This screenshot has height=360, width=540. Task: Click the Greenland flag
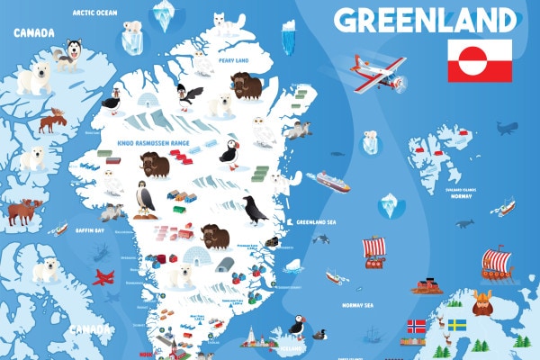480,60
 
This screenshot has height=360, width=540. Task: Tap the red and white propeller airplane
379,72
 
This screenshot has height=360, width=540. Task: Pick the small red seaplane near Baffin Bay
104,276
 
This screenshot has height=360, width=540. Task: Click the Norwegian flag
416,325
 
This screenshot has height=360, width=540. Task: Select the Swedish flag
457,324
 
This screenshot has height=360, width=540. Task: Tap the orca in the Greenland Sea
320,238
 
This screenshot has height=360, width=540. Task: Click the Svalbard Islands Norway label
461,192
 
